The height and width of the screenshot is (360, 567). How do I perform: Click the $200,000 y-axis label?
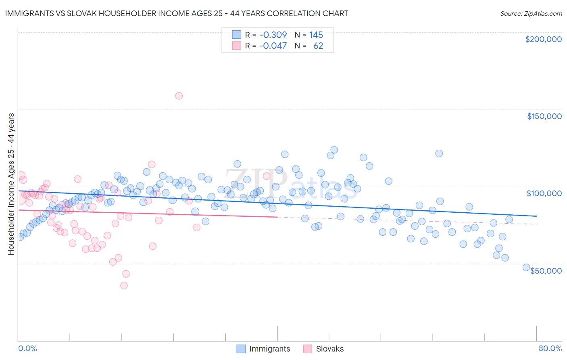543,39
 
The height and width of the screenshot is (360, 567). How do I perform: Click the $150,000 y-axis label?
544,116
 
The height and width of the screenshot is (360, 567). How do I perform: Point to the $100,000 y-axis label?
544,193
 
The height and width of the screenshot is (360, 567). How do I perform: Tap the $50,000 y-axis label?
546,270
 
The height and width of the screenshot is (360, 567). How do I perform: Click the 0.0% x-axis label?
27,348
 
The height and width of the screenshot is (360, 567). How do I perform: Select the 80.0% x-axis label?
550,348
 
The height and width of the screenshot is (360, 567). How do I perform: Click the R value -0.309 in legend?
273,35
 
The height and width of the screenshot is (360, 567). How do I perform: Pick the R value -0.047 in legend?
273,46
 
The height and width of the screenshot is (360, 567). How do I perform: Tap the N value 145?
316,35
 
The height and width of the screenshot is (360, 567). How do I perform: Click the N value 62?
318,46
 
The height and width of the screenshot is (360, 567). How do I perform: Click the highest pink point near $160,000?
179,96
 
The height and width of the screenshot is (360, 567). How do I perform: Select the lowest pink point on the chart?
124,285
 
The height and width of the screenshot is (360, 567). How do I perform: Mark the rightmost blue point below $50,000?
526,267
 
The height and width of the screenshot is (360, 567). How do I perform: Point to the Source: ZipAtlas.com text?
531,13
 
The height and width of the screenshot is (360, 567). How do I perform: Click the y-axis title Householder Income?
11,184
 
